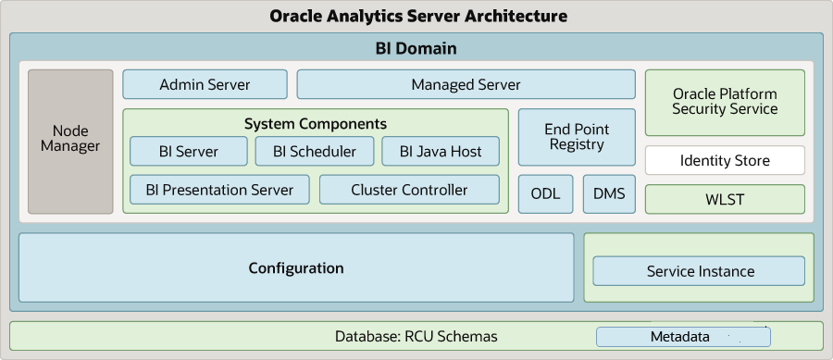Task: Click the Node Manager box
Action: tap(70, 141)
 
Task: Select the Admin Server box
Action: tap(205, 84)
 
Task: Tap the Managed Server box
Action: tap(466, 84)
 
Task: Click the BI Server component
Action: tap(188, 152)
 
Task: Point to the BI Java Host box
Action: tap(440, 152)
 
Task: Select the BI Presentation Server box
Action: tap(219, 190)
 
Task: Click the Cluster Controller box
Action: tap(409, 190)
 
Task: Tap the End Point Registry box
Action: tap(577, 137)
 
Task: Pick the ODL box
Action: tap(545, 193)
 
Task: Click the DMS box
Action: tap(608, 193)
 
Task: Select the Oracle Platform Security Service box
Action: tap(725, 102)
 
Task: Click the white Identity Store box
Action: tap(725, 160)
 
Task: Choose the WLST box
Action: tap(725, 199)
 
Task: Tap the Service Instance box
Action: tap(699, 271)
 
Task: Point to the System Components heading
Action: tap(316, 123)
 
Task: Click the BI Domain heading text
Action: tap(416, 48)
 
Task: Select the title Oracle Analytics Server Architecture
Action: tap(417, 16)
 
